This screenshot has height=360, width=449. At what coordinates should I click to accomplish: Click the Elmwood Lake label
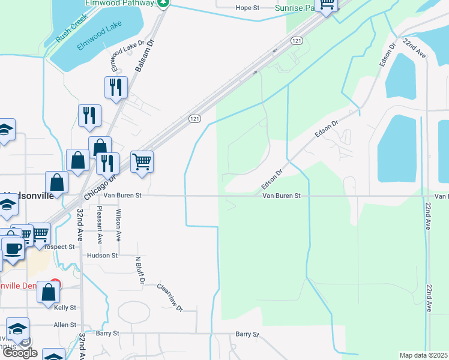click(x=98, y=37)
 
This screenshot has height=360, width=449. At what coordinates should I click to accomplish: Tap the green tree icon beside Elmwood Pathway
click(x=163, y=3)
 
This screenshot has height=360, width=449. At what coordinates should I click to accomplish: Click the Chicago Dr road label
click(x=100, y=185)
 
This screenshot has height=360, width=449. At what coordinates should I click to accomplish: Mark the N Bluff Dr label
click(x=139, y=270)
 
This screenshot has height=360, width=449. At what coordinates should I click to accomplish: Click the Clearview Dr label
click(x=170, y=296)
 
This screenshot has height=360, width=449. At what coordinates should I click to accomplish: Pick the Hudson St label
click(x=102, y=256)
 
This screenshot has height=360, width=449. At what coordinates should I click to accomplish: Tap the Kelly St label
click(x=65, y=308)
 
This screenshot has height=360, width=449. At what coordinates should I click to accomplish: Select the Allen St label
click(x=65, y=325)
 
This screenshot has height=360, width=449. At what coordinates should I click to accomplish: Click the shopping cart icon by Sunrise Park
click(x=327, y=5)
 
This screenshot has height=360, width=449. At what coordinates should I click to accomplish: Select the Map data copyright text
click(x=424, y=355)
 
